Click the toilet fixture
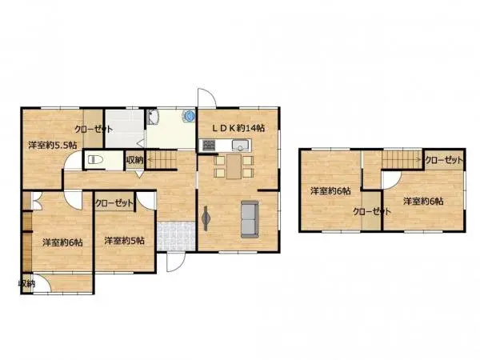pos(94,159)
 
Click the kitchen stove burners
pos(209,145)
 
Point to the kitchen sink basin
pos(238,145)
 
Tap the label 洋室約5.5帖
pos(53,146)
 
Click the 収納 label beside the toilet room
pos(135,161)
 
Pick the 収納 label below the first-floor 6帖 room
pos(26,284)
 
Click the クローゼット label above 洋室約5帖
pos(114,203)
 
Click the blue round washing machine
pos(188,114)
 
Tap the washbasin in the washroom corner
pos(154,118)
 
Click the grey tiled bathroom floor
pos(125,125)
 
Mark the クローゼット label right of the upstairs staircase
pos(444,161)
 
